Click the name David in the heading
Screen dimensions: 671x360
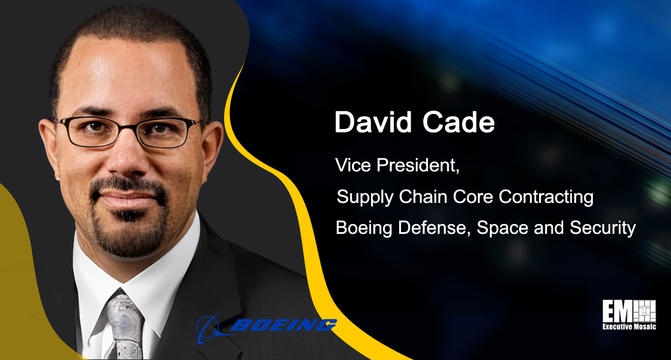pyautogui.click(x=373, y=122)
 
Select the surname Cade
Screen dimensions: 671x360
pyautogui.click(x=458, y=122)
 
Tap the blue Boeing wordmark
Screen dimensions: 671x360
pyautogui.click(x=283, y=326)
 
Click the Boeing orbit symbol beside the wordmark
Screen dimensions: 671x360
pyautogui.click(x=211, y=328)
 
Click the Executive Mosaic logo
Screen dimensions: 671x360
pyautogui.click(x=629, y=315)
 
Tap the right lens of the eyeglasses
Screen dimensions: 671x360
pyautogui.click(x=165, y=134)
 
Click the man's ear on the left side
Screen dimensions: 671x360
pyautogui.click(x=48, y=147)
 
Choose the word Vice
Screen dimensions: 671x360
pyautogui.click(x=353, y=166)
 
